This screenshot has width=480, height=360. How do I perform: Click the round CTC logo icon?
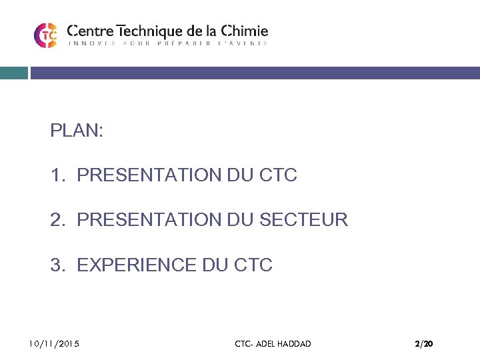[45, 35]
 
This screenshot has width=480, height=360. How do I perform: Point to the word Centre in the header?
[91, 31]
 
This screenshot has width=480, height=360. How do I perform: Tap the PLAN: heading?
[77, 131]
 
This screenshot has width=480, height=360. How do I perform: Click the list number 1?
[57, 175]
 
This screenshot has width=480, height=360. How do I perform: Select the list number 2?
[57, 219]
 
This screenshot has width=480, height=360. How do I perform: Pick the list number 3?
[57, 265]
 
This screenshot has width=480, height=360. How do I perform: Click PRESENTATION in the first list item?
[149, 175]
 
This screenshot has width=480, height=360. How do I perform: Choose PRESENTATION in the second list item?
[149, 219]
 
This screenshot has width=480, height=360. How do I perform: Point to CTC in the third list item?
[253, 265]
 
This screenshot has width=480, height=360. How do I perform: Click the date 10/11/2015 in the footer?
[53, 344]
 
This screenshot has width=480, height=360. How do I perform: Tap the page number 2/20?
[423, 344]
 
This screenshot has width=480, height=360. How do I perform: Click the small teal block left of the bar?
[13, 73]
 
